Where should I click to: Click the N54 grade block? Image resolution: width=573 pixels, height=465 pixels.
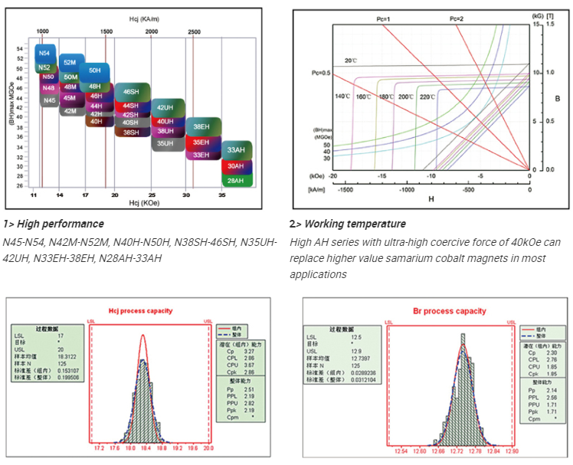click(45, 54)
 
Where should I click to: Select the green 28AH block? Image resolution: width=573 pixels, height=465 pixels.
click(235, 180)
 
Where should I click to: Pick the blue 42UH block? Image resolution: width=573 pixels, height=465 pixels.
click(166, 108)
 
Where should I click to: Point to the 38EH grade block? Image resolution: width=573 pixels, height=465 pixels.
click(201, 126)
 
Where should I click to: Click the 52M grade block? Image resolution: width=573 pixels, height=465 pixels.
click(69, 62)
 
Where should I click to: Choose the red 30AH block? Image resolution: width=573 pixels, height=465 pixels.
click(235, 166)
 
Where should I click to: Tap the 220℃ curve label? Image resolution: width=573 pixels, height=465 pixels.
click(427, 97)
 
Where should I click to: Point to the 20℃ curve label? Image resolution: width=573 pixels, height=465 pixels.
click(351, 60)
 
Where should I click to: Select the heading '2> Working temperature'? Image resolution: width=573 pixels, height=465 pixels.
click(347, 224)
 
